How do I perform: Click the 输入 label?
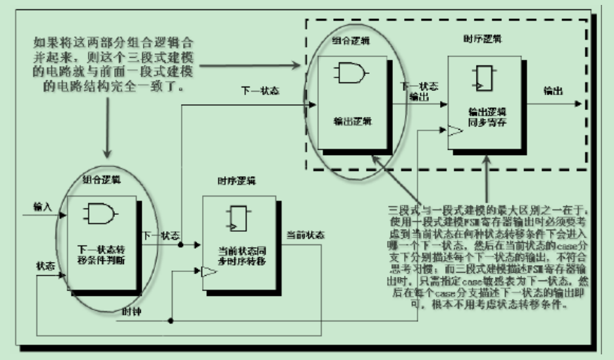pyautogui.click(x=42, y=206)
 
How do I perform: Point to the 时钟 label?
pyautogui.click(x=132, y=312)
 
